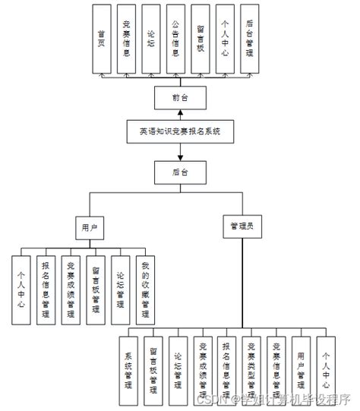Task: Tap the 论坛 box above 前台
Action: click(x=150, y=39)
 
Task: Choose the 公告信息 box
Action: click(x=175, y=39)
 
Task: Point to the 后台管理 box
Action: click(x=250, y=39)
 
